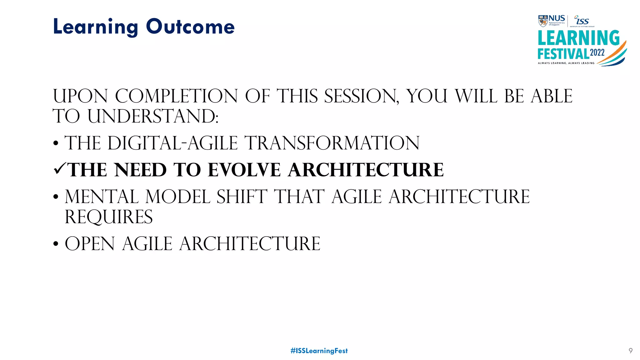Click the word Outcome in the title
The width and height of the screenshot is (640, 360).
190,27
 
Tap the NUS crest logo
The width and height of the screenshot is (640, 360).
543,21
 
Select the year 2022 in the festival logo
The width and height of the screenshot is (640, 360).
597,52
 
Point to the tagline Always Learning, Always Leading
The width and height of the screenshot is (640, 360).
566,63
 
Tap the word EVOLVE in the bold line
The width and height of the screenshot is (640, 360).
244,170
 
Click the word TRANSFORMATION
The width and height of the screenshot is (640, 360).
332,143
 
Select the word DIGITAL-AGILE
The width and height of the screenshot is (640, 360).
172,143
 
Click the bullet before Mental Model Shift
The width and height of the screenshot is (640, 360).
56,197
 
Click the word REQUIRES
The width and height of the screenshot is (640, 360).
108,217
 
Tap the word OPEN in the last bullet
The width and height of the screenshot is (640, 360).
90,244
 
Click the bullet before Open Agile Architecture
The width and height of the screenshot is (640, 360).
56,244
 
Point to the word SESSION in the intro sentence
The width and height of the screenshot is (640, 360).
361,96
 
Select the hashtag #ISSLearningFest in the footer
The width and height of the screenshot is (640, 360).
319,351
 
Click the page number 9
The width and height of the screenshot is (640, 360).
630,351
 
